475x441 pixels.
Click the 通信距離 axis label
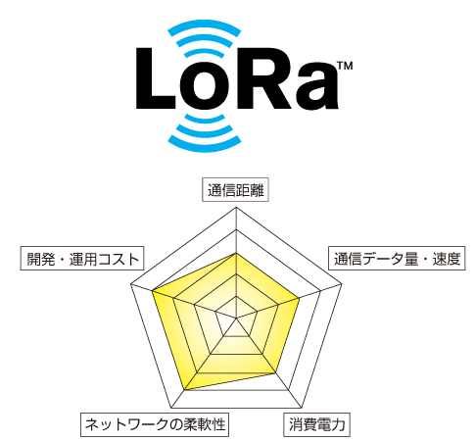237,191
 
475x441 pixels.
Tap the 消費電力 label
318,424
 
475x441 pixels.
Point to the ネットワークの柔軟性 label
155,424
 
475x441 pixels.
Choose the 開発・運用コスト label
81,259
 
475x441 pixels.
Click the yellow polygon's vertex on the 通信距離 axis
237,254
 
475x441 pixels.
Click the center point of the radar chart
237,318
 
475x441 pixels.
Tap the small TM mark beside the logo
340,67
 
